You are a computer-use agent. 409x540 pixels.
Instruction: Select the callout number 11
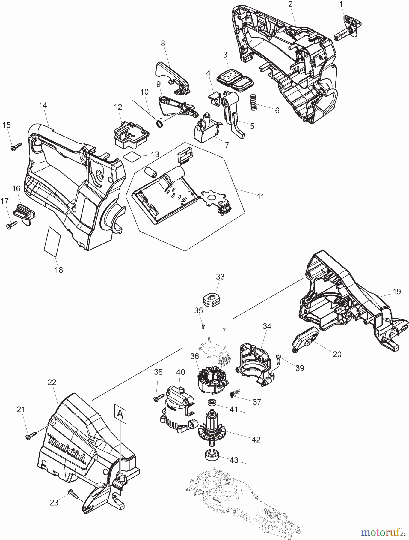tap(261, 196)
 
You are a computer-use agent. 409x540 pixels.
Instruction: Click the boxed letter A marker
tap(120, 414)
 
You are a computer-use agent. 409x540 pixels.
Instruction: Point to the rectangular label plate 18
tap(52, 241)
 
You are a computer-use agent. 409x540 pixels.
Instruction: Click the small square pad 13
tap(132, 156)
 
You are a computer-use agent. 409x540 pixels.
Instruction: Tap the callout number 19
tap(396, 292)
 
